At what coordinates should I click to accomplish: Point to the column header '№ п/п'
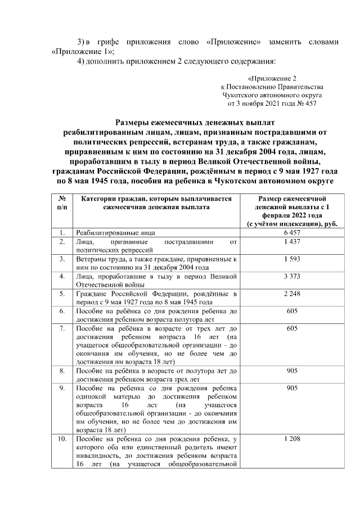point(61,203)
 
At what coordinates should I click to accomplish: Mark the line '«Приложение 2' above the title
point(271,78)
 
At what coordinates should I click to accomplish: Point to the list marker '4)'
point(80,61)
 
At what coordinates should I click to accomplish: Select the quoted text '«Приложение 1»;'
point(75,51)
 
